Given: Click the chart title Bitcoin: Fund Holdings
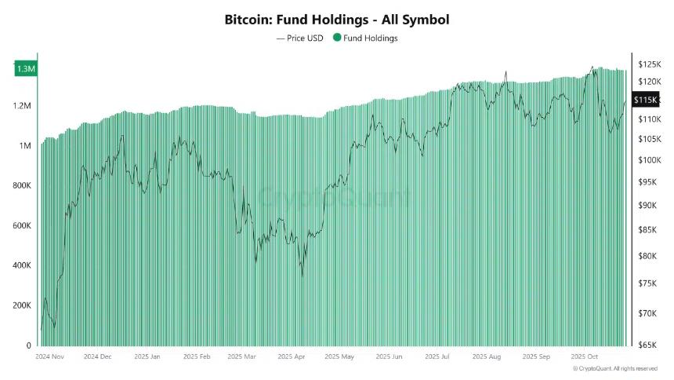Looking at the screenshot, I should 337,18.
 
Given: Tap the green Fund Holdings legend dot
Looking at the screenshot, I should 338,38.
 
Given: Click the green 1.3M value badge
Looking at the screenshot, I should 26,69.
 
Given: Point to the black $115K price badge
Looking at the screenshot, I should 645,100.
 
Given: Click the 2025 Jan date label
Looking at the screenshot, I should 149,356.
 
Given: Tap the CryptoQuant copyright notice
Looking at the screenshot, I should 614,368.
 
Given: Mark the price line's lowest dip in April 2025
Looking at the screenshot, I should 303,276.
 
